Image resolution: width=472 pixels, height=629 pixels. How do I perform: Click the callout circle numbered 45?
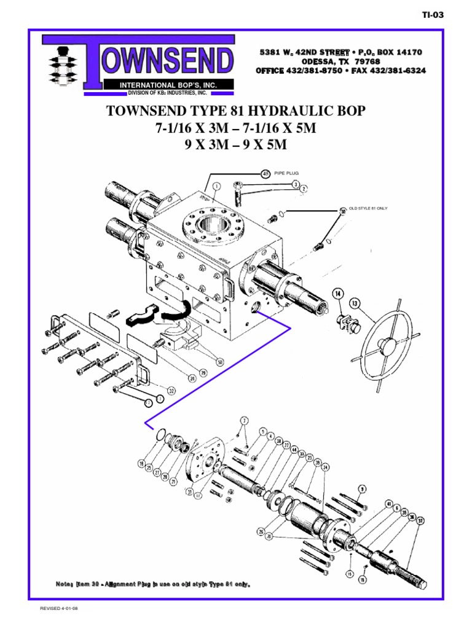click(265, 173)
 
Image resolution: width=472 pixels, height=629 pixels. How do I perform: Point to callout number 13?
click(355, 302)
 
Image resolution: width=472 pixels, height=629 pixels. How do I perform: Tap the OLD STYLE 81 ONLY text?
click(368, 208)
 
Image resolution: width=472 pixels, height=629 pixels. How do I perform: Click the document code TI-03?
click(433, 15)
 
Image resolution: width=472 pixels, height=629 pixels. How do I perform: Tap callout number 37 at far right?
click(420, 521)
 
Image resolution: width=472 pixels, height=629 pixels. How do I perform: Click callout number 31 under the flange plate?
click(190, 492)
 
